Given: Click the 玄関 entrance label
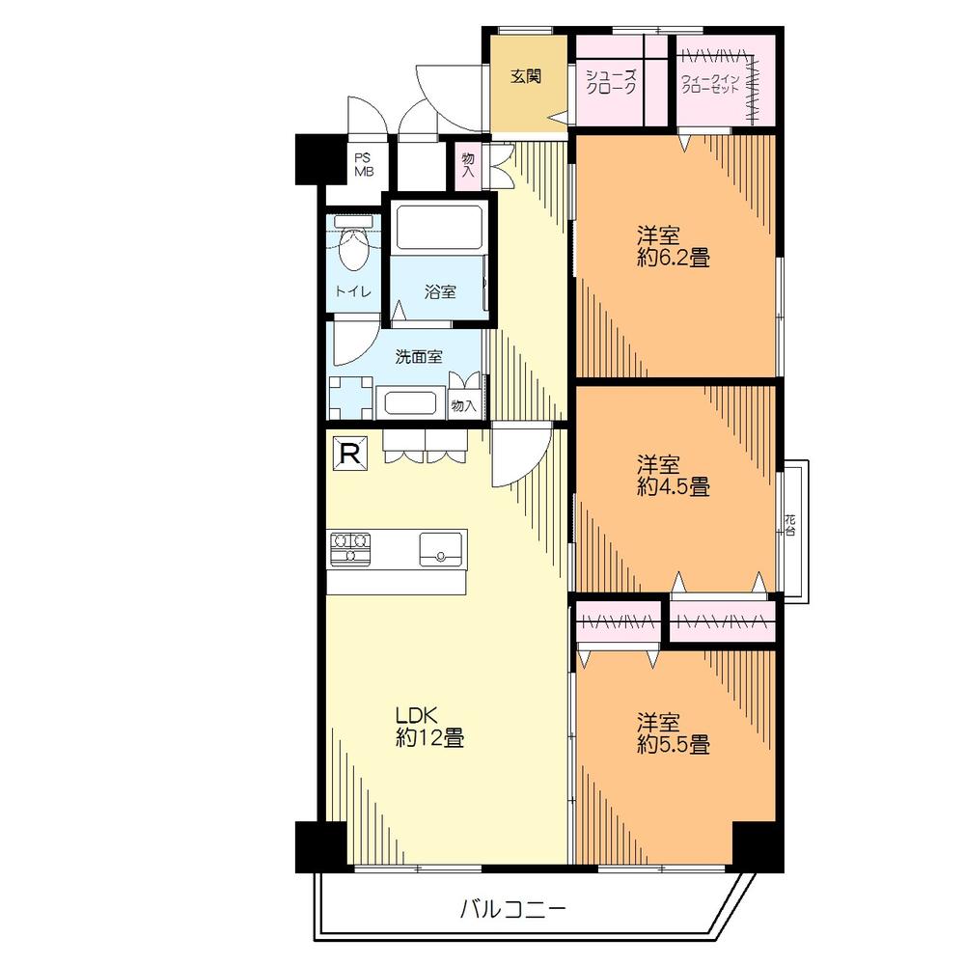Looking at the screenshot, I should click(525, 76).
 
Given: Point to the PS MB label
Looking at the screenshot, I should click(363, 165).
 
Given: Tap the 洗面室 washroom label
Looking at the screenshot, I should click(419, 356).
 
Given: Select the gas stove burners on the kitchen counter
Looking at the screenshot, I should click(350, 547).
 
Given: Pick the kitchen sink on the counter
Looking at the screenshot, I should click(442, 549).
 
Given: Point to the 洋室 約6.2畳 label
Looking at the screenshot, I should click(673, 246).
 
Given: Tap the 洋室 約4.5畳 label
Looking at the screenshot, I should click(673, 475).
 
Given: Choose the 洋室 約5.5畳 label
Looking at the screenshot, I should click(673, 733).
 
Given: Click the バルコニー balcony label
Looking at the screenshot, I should click(510, 908).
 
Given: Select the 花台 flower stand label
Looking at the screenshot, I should click(790, 525).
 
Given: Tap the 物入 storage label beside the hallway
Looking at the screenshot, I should click(468, 165).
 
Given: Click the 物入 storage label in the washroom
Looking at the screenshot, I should click(464, 405).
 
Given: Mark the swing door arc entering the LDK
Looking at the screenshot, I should click(515, 461).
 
